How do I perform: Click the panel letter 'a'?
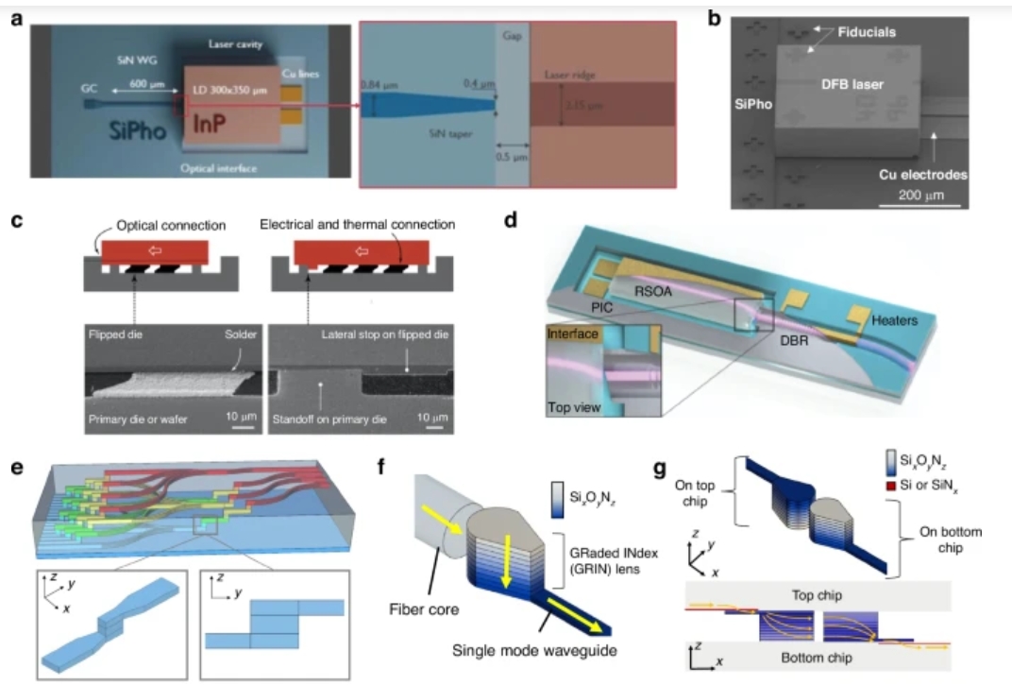[x=16, y=17]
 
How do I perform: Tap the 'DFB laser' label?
[x=852, y=85]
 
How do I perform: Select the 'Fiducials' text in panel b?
[x=865, y=33]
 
